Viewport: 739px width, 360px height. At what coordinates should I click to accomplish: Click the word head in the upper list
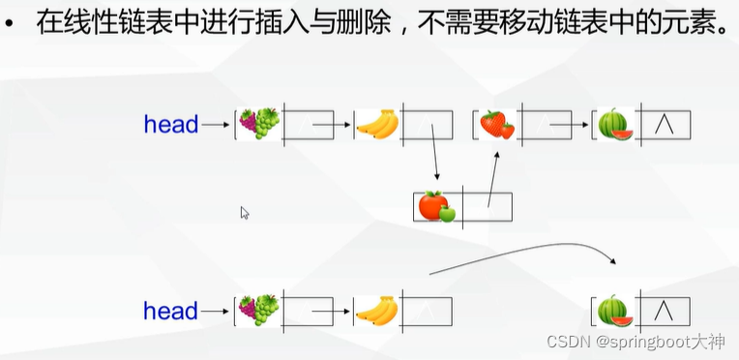pyautogui.click(x=170, y=125)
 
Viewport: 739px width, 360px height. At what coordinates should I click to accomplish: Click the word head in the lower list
pyautogui.click(x=170, y=312)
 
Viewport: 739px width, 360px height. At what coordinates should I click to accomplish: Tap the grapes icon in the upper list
pyautogui.click(x=259, y=124)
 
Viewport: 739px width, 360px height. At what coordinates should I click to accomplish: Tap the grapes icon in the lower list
pyautogui.click(x=259, y=311)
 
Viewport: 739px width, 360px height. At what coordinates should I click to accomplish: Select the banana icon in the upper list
pyautogui.click(x=377, y=125)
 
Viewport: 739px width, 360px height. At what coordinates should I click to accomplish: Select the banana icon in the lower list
pyautogui.click(x=377, y=311)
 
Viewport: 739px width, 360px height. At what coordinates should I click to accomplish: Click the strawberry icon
pyautogui.click(x=497, y=124)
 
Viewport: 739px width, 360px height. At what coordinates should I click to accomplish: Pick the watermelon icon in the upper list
pyautogui.click(x=614, y=125)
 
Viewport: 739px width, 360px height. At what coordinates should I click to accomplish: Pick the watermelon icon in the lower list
pyautogui.click(x=614, y=311)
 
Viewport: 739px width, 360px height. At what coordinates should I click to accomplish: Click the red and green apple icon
pyautogui.click(x=436, y=206)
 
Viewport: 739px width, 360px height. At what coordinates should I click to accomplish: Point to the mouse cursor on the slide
pyautogui.click(x=245, y=213)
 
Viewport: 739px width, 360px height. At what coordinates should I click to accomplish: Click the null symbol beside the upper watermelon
pyautogui.click(x=664, y=125)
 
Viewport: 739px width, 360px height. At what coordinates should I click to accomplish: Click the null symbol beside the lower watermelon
pyautogui.click(x=664, y=311)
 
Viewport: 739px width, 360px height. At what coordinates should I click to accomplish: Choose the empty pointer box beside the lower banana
pyautogui.click(x=427, y=311)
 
